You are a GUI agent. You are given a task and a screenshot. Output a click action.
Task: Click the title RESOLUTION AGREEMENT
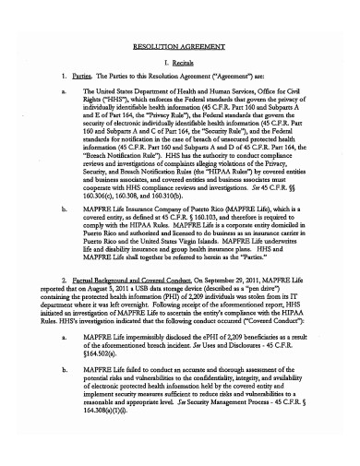(x=179, y=43)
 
